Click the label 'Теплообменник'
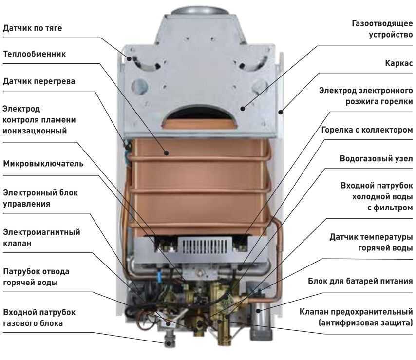(34, 54)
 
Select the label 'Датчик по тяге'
(32, 28)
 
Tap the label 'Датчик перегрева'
(39, 81)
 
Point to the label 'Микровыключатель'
(43, 163)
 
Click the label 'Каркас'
(399, 63)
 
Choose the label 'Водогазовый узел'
(376, 159)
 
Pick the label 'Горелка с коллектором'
(367, 130)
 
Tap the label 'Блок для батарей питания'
(360, 281)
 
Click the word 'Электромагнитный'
(41, 232)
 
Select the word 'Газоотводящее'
(382, 23)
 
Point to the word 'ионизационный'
(35, 131)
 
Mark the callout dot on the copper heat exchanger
(166, 153)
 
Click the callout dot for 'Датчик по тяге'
(129, 58)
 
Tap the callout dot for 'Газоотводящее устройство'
(243, 108)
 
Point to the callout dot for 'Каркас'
(281, 112)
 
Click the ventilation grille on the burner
(204, 246)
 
